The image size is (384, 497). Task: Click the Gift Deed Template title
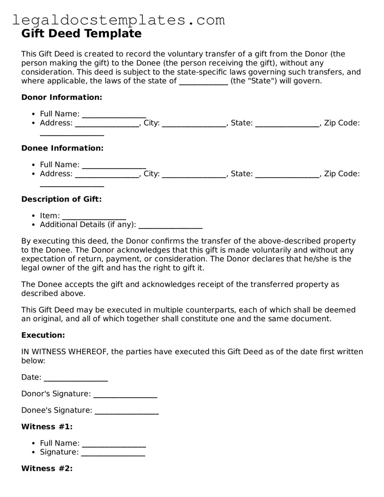[81, 33]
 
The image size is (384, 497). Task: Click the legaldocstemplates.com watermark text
[118, 20]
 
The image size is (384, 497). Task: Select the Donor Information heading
[62, 97]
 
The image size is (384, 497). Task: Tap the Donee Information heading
[62, 148]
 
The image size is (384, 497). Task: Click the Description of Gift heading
[61, 199]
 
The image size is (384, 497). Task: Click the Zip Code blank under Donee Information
[72, 184]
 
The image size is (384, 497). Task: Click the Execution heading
[43, 335]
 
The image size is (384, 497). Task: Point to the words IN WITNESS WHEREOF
[65, 352]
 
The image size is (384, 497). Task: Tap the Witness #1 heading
[47, 427]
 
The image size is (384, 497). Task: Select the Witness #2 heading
[47, 469]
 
